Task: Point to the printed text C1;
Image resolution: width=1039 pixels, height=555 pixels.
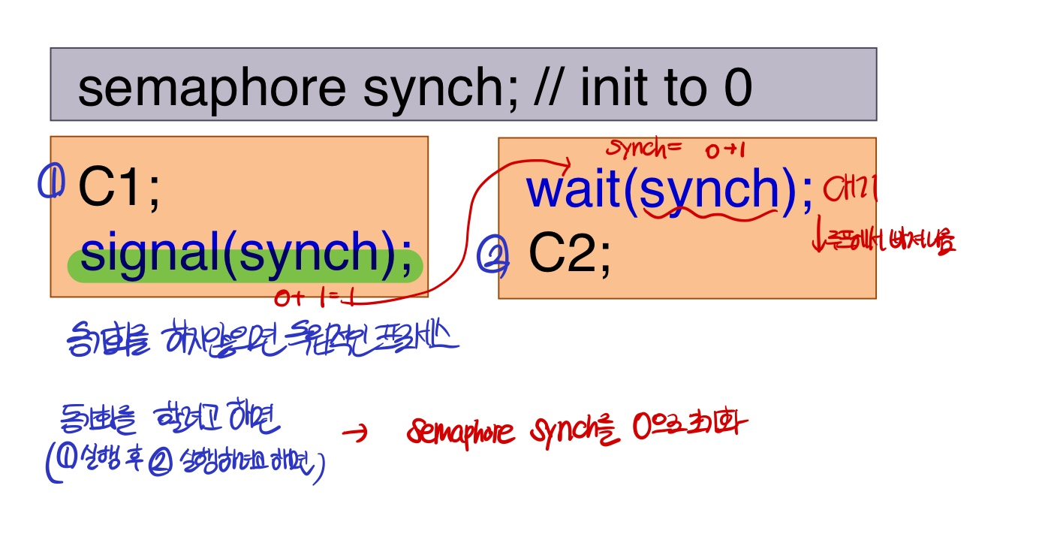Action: pyautogui.click(x=119, y=189)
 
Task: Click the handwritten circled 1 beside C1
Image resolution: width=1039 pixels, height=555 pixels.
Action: pyautogui.click(x=51, y=182)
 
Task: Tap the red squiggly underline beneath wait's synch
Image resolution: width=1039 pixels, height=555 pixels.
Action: pyautogui.click(x=709, y=213)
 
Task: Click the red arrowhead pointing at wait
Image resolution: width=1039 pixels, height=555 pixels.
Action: pyautogui.click(x=567, y=161)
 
